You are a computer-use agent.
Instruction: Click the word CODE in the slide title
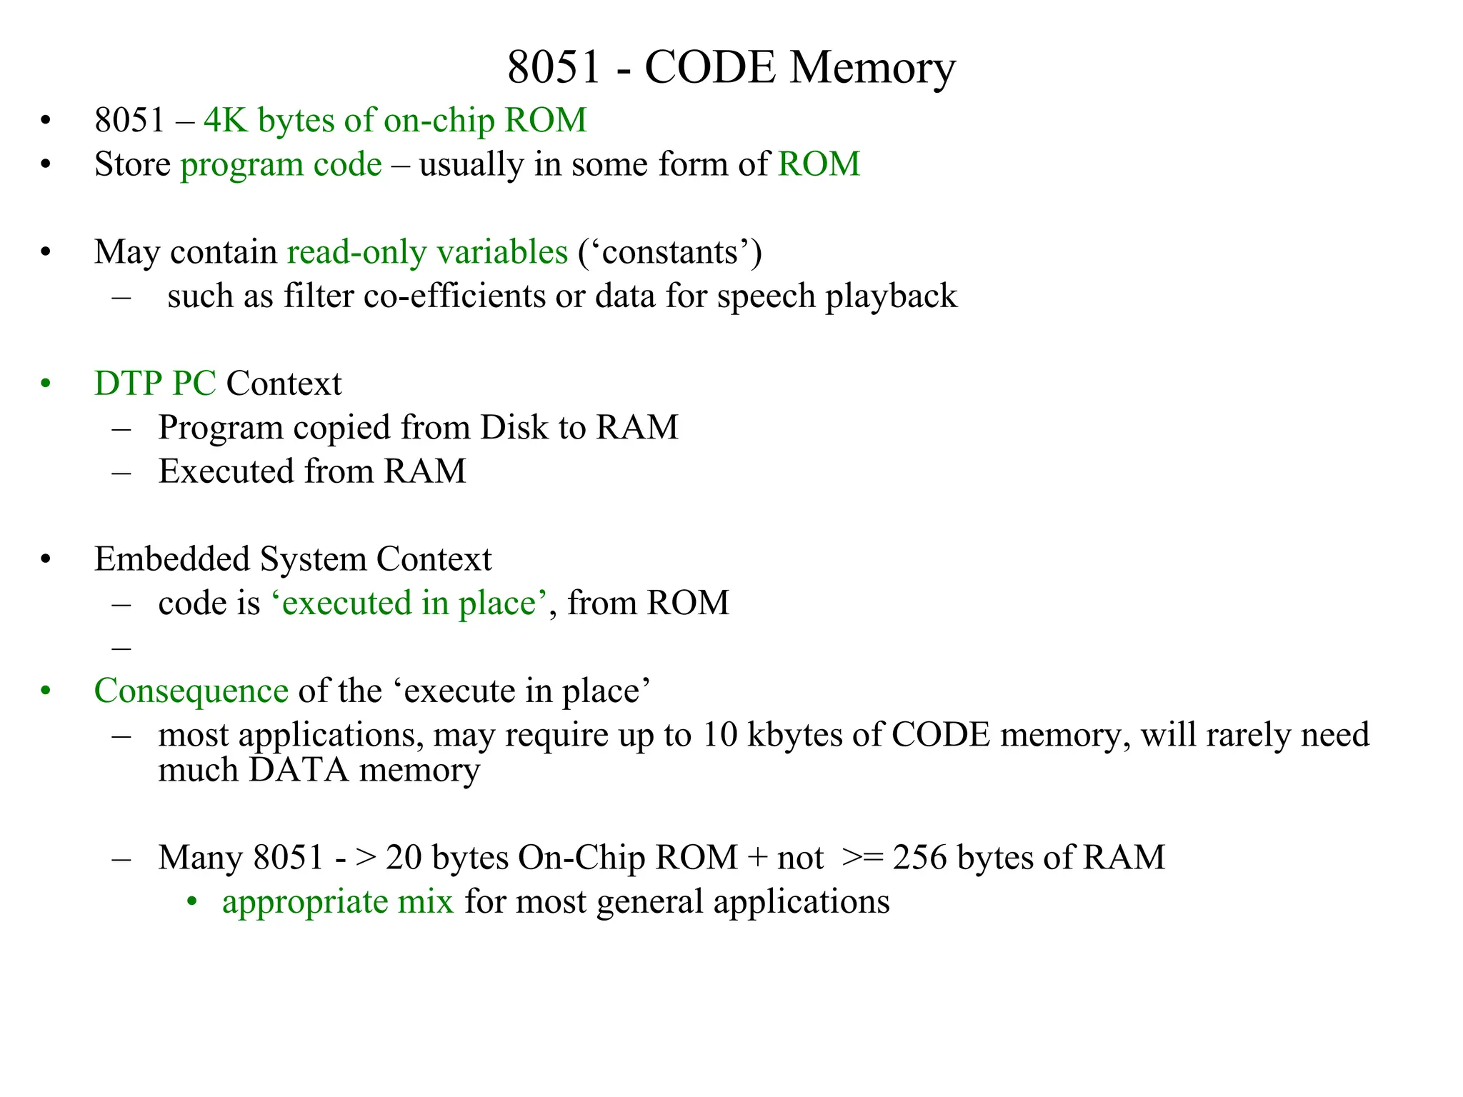pyautogui.click(x=709, y=68)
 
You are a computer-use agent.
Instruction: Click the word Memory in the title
pyautogui.click(x=872, y=68)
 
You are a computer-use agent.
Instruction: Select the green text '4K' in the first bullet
pyautogui.click(x=225, y=120)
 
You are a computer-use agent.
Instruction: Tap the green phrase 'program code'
pyautogui.click(x=281, y=164)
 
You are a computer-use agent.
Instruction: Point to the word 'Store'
pyautogui.click(x=132, y=164)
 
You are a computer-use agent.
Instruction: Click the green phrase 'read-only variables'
pyautogui.click(x=427, y=252)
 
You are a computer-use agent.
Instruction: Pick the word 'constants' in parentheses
pyautogui.click(x=670, y=252)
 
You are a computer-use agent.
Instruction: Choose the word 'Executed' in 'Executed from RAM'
pyautogui.click(x=226, y=471)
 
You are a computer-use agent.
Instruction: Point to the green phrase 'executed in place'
pyautogui.click(x=409, y=603)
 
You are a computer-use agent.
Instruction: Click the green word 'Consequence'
pyautogui.click(x=191, y=691)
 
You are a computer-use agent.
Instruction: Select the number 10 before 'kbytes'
pyautogui.click(x=719, y=735)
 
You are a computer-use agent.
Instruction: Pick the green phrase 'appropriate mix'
pyautogui.click(x=337, y=902)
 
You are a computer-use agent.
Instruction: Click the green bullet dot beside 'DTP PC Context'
pyautogui.click(x=46, y=384)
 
